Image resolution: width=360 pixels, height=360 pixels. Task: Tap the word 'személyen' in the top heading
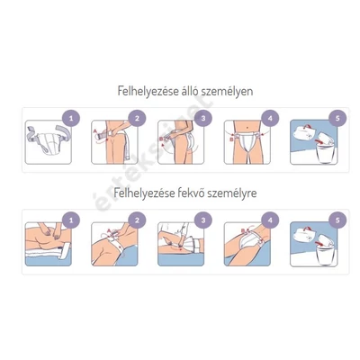[x=225, y=91]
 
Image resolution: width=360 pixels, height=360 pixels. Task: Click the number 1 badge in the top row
[x=72, y=117]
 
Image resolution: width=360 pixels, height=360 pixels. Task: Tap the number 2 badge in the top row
[x=138, y=117]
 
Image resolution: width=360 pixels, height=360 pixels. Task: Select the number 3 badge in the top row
[x=203, y=117]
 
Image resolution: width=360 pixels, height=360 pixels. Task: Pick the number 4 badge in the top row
[x=269, y=117]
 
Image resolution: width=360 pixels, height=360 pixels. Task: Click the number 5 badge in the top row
[x=335, y=117]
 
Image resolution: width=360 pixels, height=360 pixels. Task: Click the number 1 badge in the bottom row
[x=72, y=219]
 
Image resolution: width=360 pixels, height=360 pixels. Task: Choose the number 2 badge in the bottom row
[x=138, y=219]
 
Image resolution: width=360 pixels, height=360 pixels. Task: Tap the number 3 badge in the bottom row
[x=203, y=219]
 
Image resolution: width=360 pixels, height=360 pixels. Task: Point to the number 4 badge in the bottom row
[x=269, y=219]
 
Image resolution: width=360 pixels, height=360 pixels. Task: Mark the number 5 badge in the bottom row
[x=335, y=219]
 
